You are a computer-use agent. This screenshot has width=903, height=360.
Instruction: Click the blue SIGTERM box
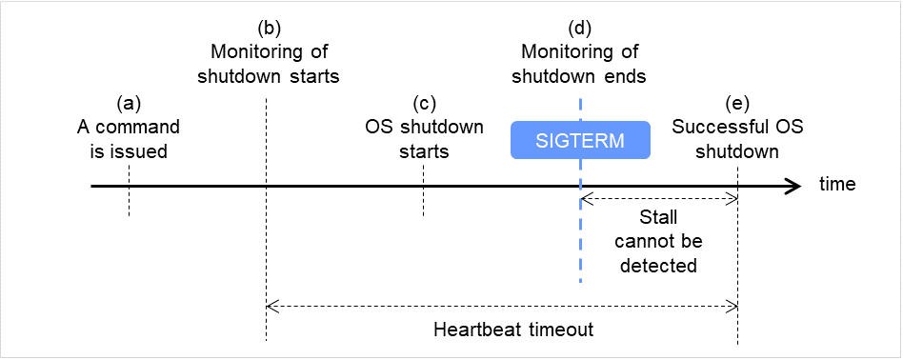[x=580, y=140]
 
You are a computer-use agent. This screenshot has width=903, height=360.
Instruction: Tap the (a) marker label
[x=128, y=103]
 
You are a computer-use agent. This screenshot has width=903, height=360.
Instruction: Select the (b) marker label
[x=269, y=28]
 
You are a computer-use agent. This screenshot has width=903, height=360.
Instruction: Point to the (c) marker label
[x=425, y=103]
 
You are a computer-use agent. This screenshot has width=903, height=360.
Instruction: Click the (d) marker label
[x=580, y=28]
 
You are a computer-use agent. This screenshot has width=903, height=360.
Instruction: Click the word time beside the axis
[x=837, y=184]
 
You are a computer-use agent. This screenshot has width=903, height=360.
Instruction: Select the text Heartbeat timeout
[x=513, y=330]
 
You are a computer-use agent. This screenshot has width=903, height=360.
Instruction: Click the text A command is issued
[x=128, y=138]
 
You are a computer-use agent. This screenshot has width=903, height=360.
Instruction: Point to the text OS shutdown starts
[x=425, y=138]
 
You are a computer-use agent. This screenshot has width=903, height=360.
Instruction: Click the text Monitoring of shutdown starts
[x=269, y=63]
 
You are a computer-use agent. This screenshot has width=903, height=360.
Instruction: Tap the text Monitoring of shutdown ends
[x=580, y=63]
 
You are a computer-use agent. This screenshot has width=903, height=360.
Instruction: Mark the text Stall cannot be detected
[x=658, y=242]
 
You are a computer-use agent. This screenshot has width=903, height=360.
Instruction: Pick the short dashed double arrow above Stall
[x=658, y=198]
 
